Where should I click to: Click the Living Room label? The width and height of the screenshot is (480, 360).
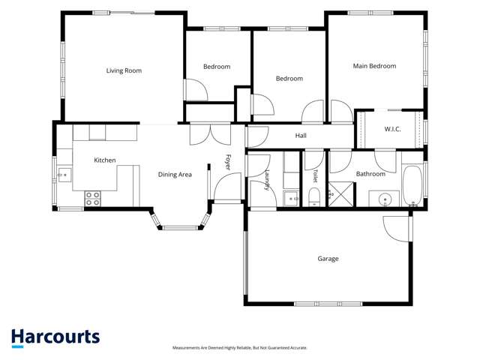pos(124,70)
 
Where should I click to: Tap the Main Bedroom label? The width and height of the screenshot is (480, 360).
pos(374,66)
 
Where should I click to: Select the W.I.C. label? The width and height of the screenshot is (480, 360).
pos(392,129)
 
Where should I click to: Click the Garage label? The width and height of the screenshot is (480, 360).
pos(328,259)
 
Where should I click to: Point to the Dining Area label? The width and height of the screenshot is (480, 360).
pos(175,175)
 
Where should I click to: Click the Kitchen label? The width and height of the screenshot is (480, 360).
pos(105,160)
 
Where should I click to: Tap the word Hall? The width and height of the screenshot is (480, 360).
pos(301,136)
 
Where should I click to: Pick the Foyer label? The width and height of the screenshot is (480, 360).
pos(228,162)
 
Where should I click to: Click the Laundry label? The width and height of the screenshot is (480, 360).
pos(267,180)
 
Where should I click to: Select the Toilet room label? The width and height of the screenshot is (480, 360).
pos(315,176)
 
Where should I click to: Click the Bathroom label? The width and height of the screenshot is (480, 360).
pos(370,174)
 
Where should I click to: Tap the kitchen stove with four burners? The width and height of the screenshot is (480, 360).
pos(93,199)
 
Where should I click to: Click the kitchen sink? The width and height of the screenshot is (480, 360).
pos(64,175)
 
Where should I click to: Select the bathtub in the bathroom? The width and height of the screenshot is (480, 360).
pos(412,186)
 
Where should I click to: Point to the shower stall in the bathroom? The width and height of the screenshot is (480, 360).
pos(341,194)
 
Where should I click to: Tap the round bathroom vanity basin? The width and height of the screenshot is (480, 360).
pos(385,200)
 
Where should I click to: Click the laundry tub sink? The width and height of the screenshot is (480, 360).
pos(291,199)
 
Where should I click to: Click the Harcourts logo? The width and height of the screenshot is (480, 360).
pos(55,338)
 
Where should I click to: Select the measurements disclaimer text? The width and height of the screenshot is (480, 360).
pos(240,348)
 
